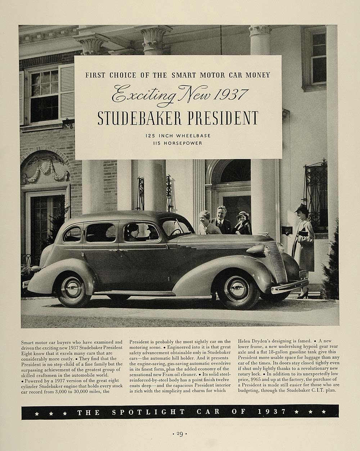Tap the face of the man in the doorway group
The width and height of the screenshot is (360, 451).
(220, 212)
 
